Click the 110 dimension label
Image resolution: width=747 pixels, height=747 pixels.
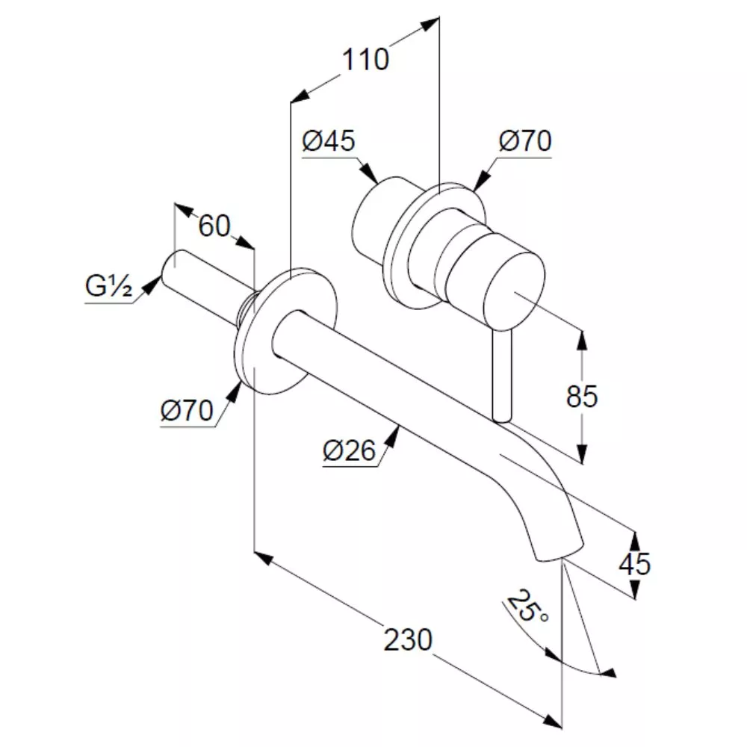point(365,60)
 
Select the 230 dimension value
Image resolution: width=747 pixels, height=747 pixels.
point(409,639)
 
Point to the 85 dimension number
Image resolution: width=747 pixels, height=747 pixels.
point(582,396)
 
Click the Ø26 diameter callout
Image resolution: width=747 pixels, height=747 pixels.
point(349,450)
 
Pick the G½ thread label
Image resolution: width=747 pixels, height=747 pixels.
point(108,286)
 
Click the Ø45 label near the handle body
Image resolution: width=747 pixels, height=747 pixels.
point(329,141)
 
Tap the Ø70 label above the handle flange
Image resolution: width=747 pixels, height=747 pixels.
point(525,141)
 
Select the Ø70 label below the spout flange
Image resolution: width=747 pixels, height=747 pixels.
point(187,410)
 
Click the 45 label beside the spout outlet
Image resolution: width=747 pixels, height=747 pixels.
point(634,563)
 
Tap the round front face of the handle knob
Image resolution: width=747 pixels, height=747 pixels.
point(514,291)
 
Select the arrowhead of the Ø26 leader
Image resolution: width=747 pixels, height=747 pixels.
point(392,436)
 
